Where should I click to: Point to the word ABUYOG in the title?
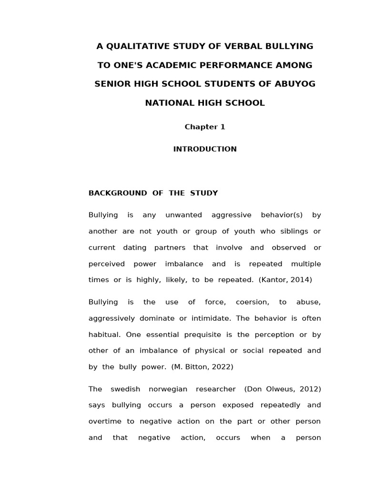[x=295, y=84]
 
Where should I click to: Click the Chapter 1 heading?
[x=205, y=127]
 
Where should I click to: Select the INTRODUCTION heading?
[x=205, y=149]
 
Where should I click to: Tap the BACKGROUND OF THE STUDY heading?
[x=153, y=193]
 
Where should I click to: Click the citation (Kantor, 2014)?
[x=285, y=280]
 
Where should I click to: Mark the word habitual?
[x=104, y=334]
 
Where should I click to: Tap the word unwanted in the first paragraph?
[x=183, y=215]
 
